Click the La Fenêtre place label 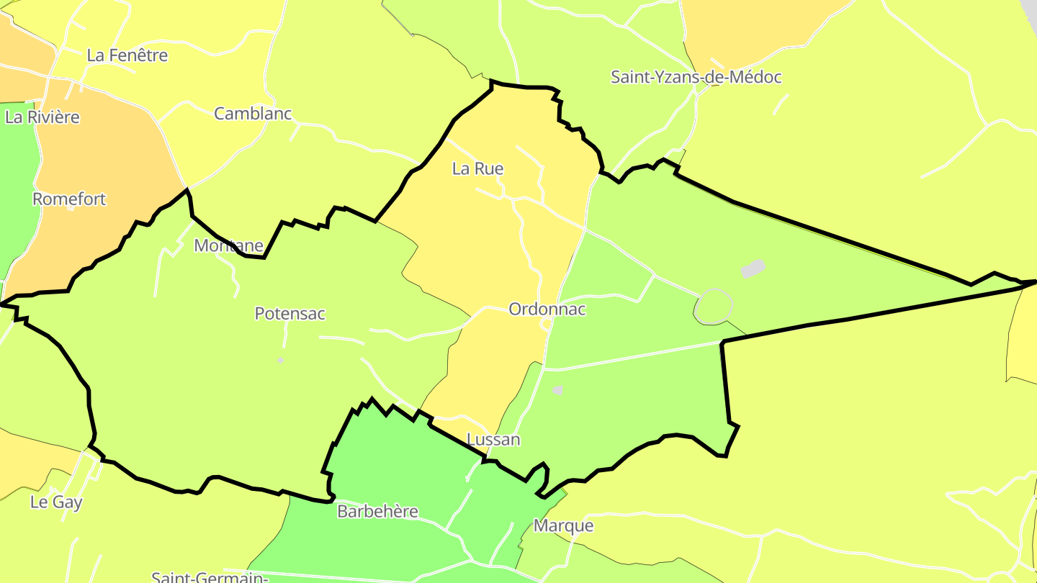(x=127, y=55)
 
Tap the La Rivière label (x=42, y=117)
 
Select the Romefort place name (x=69, y=199)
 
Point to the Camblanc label (x=253, y=114)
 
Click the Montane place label (x=228, y=246)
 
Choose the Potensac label (x=289, y=314)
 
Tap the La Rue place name (x=477, y=169)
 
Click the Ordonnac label (x=547, y=309)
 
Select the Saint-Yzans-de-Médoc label (x=696, y=78)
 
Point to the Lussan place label (x=493, y=440)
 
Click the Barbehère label (x=377, y=512)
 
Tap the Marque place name (x=563, y=525)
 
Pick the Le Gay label (x=56, y=502)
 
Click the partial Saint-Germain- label (x=210, y=577)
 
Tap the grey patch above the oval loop (x=753, y=269)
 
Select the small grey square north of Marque (x=557, y=390)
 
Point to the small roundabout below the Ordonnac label (x=547, y=326)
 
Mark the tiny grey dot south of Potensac (x=281, y=360)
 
